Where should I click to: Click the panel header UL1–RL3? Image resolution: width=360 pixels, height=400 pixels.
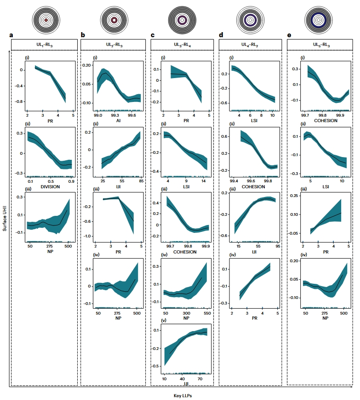45,45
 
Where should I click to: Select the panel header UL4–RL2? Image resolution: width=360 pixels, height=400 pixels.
250,45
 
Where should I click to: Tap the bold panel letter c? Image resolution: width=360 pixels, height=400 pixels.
153,35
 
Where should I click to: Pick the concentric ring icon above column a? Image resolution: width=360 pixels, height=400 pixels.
46,19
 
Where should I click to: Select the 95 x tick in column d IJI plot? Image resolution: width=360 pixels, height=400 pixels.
277,246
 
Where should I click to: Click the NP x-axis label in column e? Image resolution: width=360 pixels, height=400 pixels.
325,318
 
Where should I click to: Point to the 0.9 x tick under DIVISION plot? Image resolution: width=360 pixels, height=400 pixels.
71,182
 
